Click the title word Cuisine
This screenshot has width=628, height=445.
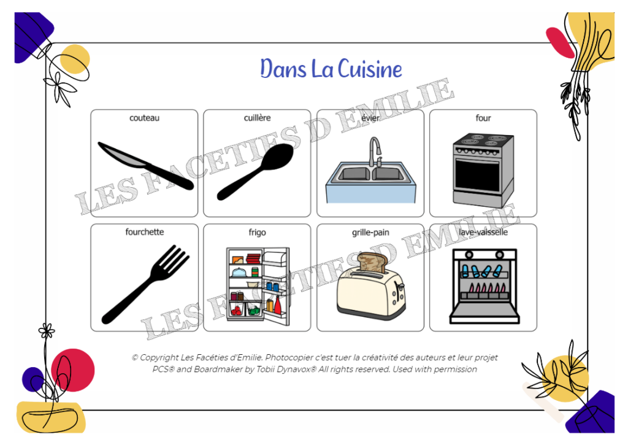370,69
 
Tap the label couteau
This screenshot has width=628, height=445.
144,118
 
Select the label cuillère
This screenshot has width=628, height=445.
257,118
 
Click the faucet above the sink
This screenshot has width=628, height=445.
375,152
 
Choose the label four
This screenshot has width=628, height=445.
483,118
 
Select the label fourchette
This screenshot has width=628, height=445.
144,232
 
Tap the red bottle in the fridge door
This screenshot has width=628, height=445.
277,306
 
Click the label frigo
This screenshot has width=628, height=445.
257,233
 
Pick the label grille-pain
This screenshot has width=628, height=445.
370,233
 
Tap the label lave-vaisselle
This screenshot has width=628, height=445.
483,232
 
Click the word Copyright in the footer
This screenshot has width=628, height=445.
159,358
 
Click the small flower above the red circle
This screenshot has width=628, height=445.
47,331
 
